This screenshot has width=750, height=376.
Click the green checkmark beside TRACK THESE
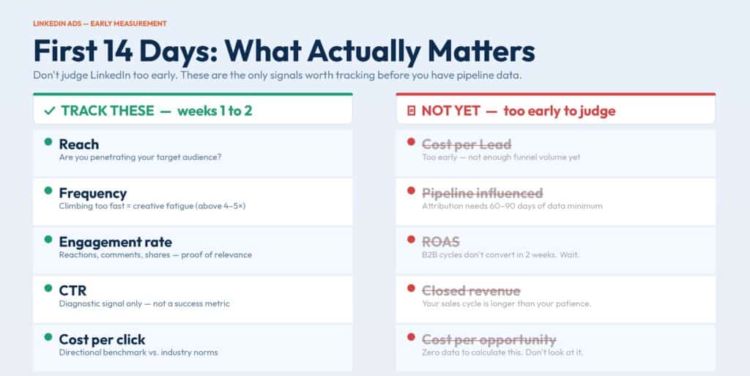(x=49, y=111)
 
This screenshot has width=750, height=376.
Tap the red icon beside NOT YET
(x=412, y=111)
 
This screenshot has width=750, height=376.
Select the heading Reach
(x=79, y=144)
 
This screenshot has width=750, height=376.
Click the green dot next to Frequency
(x=48, y=191)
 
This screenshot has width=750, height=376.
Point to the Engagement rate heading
(x=115, y=242)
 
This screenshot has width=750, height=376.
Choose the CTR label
(x=73, y=290)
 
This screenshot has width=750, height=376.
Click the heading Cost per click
(x=102, y=339)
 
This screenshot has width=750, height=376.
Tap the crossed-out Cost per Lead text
(x=467, y=144)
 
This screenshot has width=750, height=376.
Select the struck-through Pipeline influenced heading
(x=482, y=193)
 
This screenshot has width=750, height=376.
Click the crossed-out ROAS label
(x=440, y=242)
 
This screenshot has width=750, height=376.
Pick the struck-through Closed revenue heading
(x=471, y=290)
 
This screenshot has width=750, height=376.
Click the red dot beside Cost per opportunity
(x=411, y=337)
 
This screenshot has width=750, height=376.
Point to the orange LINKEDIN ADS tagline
(x=100, y=23)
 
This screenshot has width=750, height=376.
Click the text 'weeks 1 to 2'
(x=215, y=111)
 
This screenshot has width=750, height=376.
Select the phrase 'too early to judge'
(x=560, y=111)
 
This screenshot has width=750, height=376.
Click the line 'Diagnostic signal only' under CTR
(x=144, y=303)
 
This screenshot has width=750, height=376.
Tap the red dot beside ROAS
(x=411, y=239)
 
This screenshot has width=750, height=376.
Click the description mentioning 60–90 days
(x=512, y=206)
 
